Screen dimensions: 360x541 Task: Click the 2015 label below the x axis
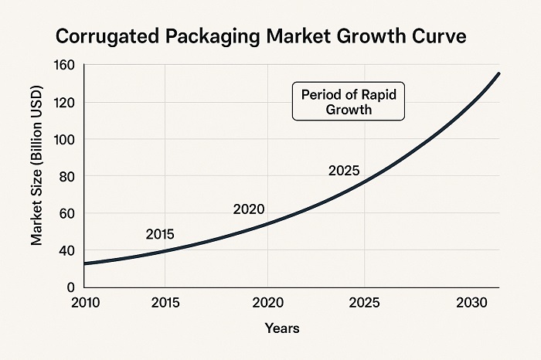pyautogui.click(x=165, y=301)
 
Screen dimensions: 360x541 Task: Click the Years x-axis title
pyautogui.click(x=282, y=328)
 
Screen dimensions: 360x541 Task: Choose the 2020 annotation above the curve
pyautogui.click(x=249, y=209)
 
